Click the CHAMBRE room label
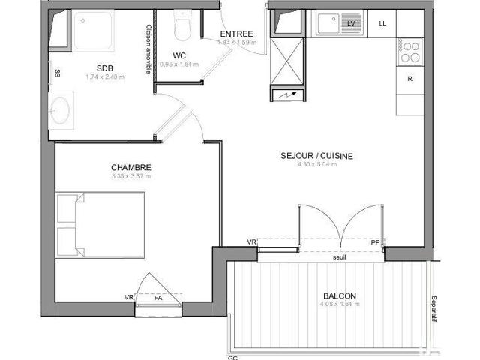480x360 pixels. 131,167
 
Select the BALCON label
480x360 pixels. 340,295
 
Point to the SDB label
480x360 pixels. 104,67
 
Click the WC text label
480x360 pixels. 179,55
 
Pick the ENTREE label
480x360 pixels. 236,34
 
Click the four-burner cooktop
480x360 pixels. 410,51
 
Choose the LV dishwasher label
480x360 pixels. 350,24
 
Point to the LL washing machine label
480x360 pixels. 382,23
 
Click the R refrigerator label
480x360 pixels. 409,79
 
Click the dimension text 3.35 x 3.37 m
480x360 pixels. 131,177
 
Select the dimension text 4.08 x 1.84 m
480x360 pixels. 340,304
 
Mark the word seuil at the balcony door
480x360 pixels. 340,258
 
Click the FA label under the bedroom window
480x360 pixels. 158,298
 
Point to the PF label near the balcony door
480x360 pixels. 375,241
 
